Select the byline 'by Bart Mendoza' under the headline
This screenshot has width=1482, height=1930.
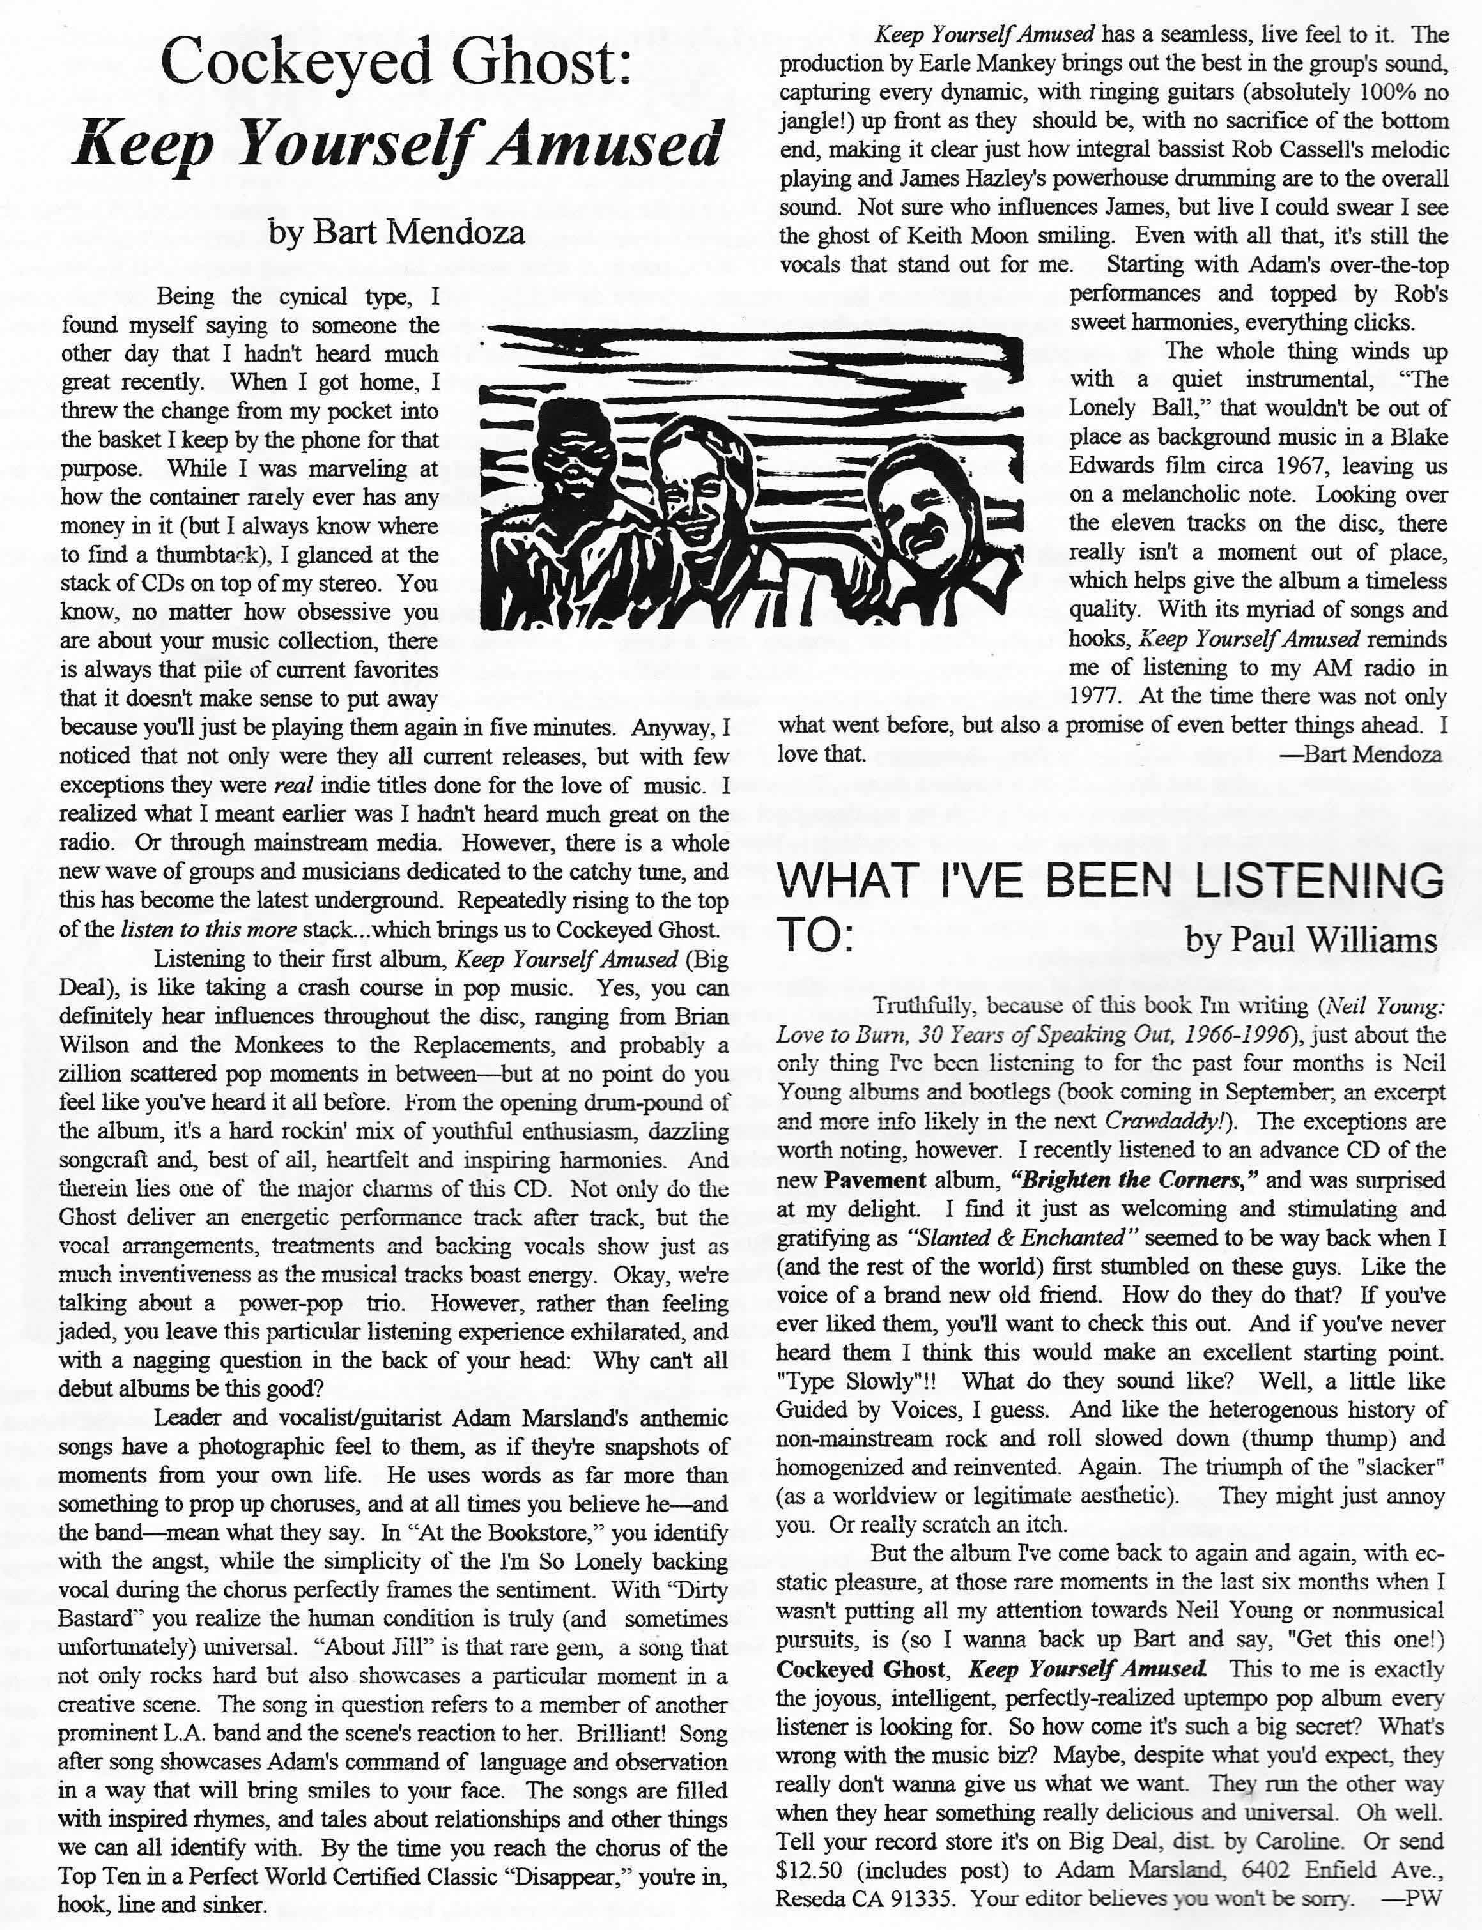(x=397, y=232)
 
